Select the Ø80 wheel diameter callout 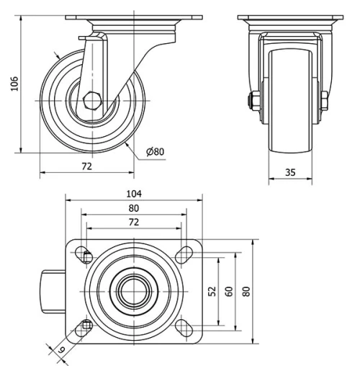155,151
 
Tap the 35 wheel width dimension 291,172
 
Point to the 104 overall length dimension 134,193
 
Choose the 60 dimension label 228,291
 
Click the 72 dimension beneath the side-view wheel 86,166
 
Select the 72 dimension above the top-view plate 134,223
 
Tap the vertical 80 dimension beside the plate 246,291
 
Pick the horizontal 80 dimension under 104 134,208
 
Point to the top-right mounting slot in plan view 183,253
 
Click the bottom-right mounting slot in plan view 183,329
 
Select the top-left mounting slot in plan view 86,254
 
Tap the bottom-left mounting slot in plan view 86,328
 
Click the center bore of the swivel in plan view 135,291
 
